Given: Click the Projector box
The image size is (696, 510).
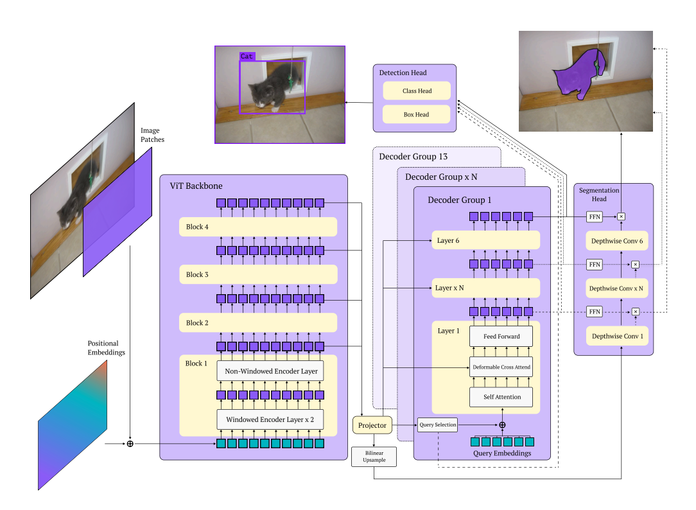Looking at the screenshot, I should (372, 425).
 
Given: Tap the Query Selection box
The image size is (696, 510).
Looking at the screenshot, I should (438, 425).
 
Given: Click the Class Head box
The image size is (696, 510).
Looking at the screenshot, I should (417, 91).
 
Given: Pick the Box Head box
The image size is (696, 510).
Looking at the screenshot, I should (417, 114).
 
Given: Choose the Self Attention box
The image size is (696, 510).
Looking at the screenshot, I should (501, 397).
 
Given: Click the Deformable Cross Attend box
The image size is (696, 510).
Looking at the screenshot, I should (501, 367).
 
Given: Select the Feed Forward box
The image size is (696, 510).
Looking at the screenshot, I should (501, 336).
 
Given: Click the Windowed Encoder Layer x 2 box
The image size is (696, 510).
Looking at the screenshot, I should (270, 419).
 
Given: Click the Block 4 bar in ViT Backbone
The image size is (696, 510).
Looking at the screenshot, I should (258, 227).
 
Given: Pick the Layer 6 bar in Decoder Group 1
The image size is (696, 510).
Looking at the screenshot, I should (486, 240).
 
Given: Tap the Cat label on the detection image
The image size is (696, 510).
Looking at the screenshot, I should (247, 57).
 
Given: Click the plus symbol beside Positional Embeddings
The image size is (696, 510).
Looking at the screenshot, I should (130, 443).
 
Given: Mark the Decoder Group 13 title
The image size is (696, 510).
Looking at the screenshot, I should (413, 157).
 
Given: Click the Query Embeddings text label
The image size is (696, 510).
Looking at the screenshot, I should (501, 453).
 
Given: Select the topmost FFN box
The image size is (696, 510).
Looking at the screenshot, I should (595, 216).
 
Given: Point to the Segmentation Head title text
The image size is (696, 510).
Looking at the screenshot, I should (599, 195).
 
